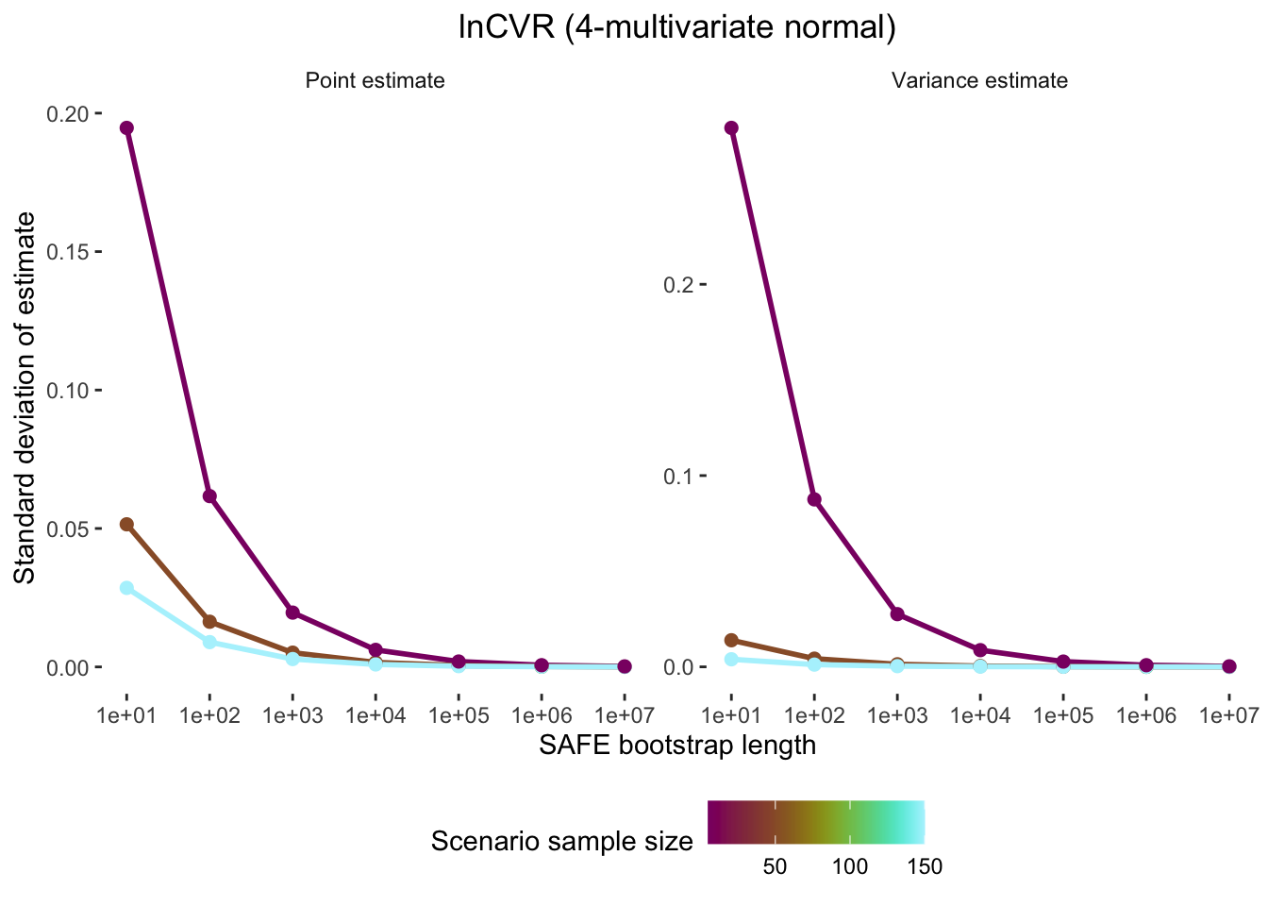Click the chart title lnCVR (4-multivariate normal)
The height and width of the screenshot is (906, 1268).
click(676, 27)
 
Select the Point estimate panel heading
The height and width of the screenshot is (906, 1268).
click(375, 81)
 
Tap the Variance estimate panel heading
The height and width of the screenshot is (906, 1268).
click(979, 81)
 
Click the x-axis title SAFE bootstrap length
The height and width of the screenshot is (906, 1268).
click(676, 746)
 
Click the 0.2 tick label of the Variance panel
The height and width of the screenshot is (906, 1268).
click(676, 284)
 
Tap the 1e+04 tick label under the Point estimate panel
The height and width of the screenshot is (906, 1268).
click(375, 716)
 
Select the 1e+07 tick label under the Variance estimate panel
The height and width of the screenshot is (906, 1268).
click(1227, 716)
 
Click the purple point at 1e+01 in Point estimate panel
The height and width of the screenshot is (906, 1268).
click(126, 128)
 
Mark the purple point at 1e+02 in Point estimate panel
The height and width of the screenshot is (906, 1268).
click(209, 496)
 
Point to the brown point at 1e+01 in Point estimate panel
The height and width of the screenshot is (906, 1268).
click(126, 524)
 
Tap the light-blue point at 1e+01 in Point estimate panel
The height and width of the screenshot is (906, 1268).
click(126, 588)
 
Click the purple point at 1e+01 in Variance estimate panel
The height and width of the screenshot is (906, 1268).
click(731, 128)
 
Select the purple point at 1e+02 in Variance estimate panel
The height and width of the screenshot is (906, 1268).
click(814, 499)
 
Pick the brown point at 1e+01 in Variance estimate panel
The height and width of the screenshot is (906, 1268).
click(731, 640)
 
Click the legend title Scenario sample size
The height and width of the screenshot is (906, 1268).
click(561, 841)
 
